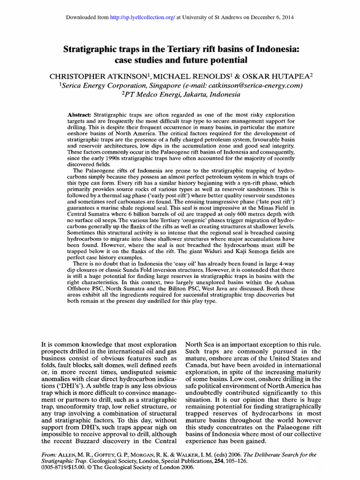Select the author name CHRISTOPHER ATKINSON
(104, 75)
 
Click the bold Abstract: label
(80, 115)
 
